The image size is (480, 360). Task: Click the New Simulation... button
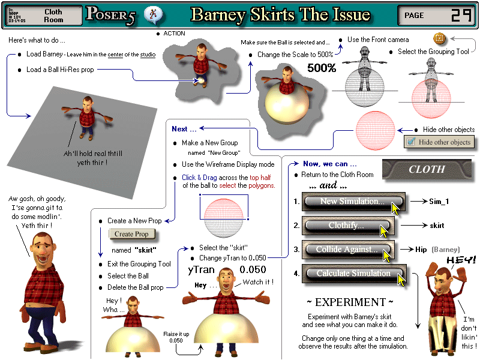tap(353, 202)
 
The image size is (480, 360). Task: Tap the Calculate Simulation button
tap(353, 274)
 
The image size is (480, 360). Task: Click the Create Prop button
tap(131, 234)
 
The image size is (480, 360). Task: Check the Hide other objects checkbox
tap(410, 142)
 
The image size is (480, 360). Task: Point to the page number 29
tap(460, 16)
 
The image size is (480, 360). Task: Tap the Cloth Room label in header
tap(53, 16)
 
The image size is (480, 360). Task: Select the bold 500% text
tap(322, 68)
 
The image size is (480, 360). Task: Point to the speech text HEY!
tap(461, 259)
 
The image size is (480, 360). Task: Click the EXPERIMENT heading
tap(350, 302)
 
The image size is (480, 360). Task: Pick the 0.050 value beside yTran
tap(253, 270)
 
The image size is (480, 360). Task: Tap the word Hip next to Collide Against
tap(422, 249)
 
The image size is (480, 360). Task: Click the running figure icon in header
tap(154, 14)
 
